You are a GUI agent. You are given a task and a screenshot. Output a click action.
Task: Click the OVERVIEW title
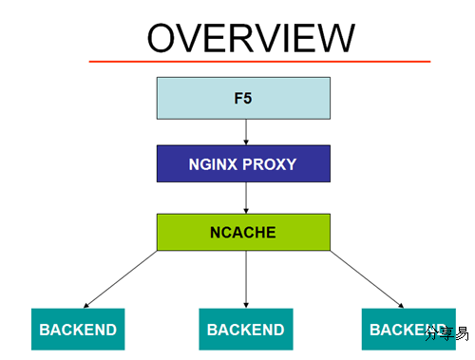[251, 38]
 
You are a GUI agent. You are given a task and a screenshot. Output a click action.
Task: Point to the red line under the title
[259, 61]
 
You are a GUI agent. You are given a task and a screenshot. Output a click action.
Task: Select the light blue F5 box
[243, 97]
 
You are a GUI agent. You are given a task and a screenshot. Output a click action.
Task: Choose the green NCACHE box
[243, 232]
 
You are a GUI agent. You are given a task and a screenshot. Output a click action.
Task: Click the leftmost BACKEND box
[78, 330]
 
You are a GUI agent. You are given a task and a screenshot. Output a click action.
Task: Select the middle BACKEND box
[245, 330]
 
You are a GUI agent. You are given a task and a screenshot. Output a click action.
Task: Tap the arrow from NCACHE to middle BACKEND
[246, 279]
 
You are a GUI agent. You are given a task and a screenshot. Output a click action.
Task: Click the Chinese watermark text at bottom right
[446, 333]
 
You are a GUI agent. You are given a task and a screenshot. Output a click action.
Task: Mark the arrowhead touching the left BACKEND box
[86, 306]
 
